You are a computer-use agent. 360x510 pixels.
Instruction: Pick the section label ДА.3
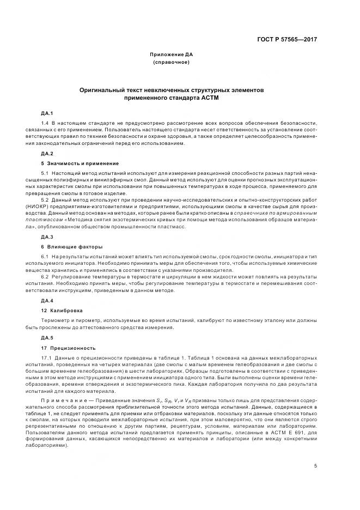(x=46, y=237)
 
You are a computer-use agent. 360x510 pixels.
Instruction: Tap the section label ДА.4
(x=46, y=300)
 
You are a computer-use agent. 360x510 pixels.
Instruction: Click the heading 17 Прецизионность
(x=68, y=347)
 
